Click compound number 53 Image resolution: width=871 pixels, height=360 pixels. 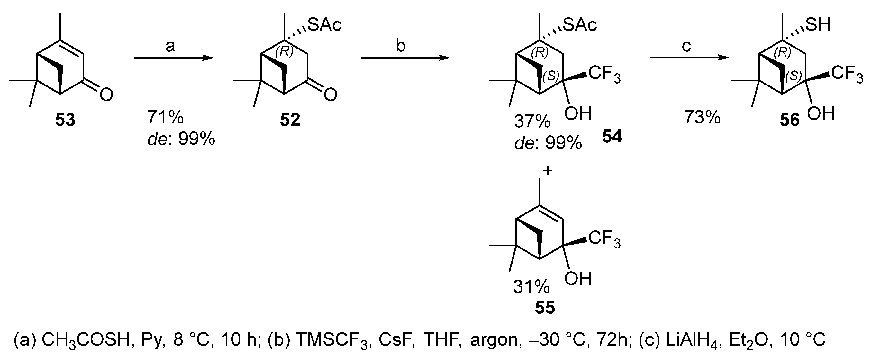point(65,120)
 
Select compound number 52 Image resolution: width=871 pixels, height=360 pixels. point(290,120)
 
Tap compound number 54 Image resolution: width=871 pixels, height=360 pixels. point(612,137)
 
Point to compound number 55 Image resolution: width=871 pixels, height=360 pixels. point(545,307)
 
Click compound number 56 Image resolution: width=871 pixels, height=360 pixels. point(790,120)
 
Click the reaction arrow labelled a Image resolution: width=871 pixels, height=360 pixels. point(174,58)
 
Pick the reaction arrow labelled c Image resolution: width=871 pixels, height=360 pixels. point(690,58)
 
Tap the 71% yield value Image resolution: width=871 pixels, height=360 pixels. point(165,118)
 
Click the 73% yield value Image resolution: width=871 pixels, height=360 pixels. point(702,118)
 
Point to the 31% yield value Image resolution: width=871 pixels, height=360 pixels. point(531,287)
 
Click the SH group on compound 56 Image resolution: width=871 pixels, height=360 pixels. point(818,24)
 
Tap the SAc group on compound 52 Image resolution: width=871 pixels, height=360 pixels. point(325,25)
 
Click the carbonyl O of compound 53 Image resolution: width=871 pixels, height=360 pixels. point(106,94)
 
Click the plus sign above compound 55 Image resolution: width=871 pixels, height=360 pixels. point(548,171)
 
